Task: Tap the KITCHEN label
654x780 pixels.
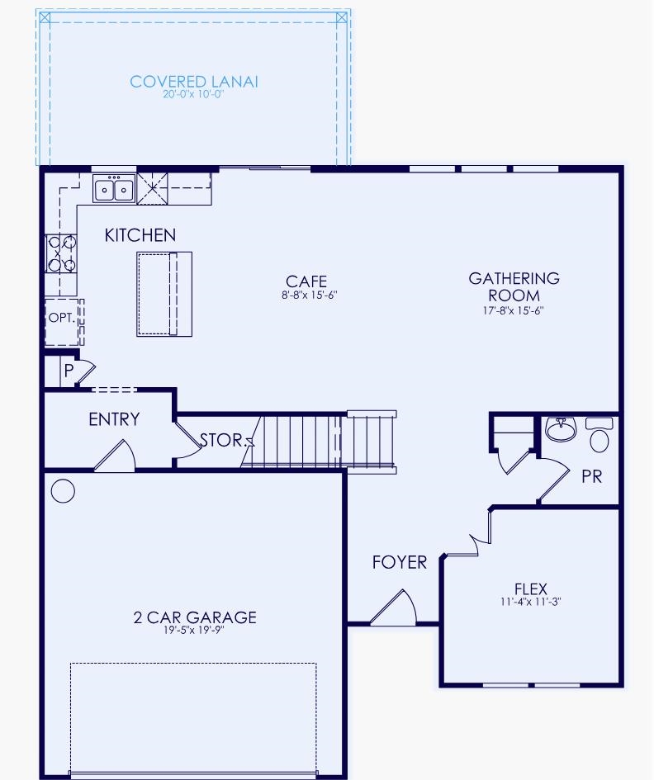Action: pos(140,235)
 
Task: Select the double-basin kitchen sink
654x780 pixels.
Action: pos(115,189)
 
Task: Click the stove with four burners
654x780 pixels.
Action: pos(61,253)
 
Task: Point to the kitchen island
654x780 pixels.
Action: pos(164,294)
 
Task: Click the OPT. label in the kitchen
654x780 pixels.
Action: pos(61,317)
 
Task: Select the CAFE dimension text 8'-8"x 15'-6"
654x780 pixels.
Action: pos(306,295)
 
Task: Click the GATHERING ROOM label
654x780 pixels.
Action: pos(514,286)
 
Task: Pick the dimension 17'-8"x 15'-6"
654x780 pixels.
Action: pos(514,310)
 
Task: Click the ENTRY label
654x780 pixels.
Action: pos(114,419)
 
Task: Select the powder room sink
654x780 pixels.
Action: pos(562,429)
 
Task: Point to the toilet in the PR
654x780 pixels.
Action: pos(600,436)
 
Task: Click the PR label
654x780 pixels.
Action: pos(591,476)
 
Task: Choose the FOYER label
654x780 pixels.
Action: pos(400,562)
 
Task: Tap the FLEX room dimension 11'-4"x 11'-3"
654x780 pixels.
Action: pos(530,602)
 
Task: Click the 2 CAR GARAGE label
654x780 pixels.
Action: pos(195,617)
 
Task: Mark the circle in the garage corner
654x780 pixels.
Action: pos(63,491)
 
